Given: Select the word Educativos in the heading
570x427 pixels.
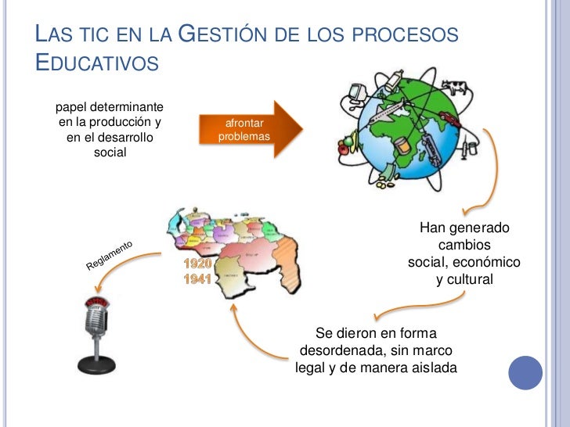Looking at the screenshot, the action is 97,63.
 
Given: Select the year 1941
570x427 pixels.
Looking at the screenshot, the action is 197,279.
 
